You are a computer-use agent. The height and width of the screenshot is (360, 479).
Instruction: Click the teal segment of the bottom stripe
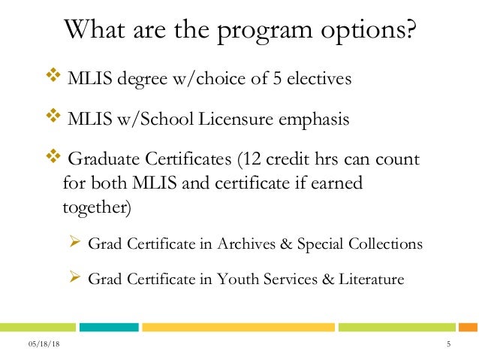click(x=109, y=327)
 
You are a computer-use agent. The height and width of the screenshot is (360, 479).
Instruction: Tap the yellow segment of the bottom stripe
click(x=239, y=327)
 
